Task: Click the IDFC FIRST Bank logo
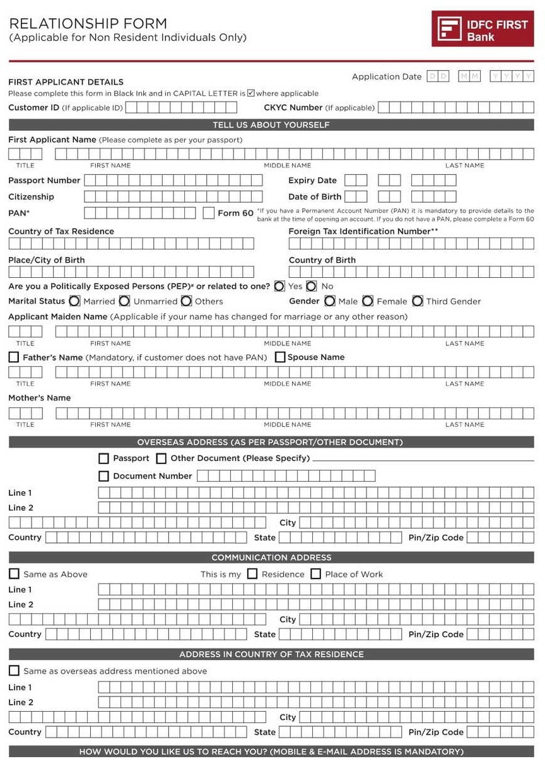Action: [x=483, y=29]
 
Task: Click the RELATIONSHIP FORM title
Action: [x=88, y=24]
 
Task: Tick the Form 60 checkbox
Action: [x=209, y=213]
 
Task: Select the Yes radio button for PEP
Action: [x=279, y=286]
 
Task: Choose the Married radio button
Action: [x=74, y=301]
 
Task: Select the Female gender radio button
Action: [x=368, y=301]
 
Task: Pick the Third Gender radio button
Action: [x=418, y=301]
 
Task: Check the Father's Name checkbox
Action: [x=14, y=357]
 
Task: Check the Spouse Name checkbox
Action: [x=280, y=357]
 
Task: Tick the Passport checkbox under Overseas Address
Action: [x=104, y=458]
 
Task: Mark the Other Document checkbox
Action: [x=161, y=458]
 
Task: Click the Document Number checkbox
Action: [x=104, y=476]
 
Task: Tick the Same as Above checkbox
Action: [x=14, y=574]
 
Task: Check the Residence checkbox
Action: [x=252, y=574]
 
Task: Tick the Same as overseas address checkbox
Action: [x=14, y=671]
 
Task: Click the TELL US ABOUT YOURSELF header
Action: [x=271, y=125]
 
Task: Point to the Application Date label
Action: [x=386, y=77]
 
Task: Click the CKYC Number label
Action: [x=293, y=107]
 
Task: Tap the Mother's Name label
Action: [x=39, y=398]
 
